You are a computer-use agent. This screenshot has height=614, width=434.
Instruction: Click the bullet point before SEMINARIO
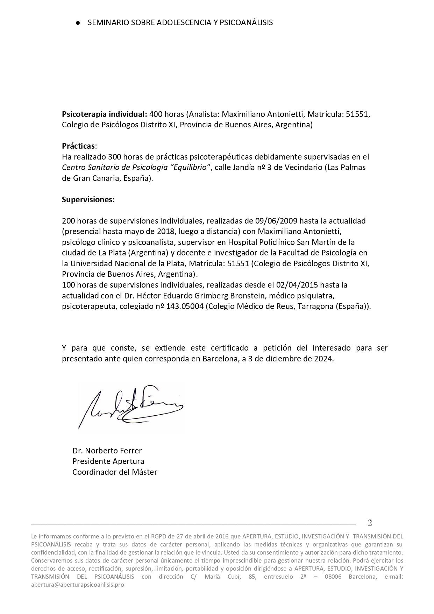tap(78, 23)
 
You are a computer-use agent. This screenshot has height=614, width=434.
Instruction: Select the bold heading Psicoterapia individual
tap(104, 114)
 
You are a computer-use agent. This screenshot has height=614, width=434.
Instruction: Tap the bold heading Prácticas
tap(78, 146)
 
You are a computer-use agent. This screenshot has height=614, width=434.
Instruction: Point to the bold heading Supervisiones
tap(88, 200)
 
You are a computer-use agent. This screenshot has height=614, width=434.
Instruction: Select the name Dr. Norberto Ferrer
tap(107, 450)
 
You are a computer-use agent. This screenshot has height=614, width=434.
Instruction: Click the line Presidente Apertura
tap(108, 461)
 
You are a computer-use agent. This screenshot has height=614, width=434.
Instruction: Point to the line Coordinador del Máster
tap(115, 472)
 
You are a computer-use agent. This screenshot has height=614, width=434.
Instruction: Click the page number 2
tap(370, 523)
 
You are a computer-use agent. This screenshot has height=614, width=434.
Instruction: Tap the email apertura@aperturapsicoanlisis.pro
tap(78, 585)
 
